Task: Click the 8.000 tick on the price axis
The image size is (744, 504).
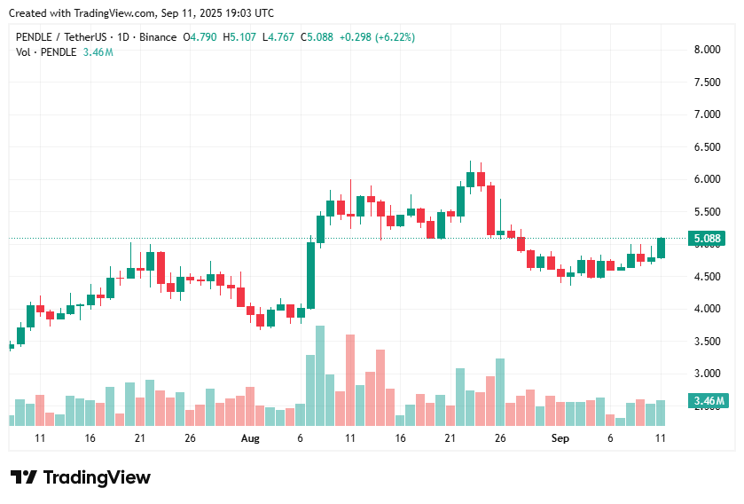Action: pyautogui.click(x=706, y=50)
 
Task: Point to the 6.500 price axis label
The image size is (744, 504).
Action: pyautogui.click(x=706, y=147)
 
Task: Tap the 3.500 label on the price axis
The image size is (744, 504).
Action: pyautogui.click(x=706, y=342)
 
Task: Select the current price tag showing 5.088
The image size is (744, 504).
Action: pyautogui.click(x=708, y=239)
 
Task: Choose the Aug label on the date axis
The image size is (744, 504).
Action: pyautogui.click(x=250, y=438)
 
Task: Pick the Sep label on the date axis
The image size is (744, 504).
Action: pyautogui.click(x=560, y=438)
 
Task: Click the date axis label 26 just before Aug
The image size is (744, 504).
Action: pyautogui.click(x=190, y=438)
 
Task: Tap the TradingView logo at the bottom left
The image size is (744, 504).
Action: pyautogui.click(x=81, y=477)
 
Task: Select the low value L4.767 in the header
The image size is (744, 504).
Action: pyautogui.click(x=280, y=37)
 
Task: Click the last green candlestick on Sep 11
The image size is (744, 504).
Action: pyautogui.click(x=662, y=248)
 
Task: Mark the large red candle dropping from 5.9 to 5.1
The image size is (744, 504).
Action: pyautogui.click(x=490, y=210)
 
